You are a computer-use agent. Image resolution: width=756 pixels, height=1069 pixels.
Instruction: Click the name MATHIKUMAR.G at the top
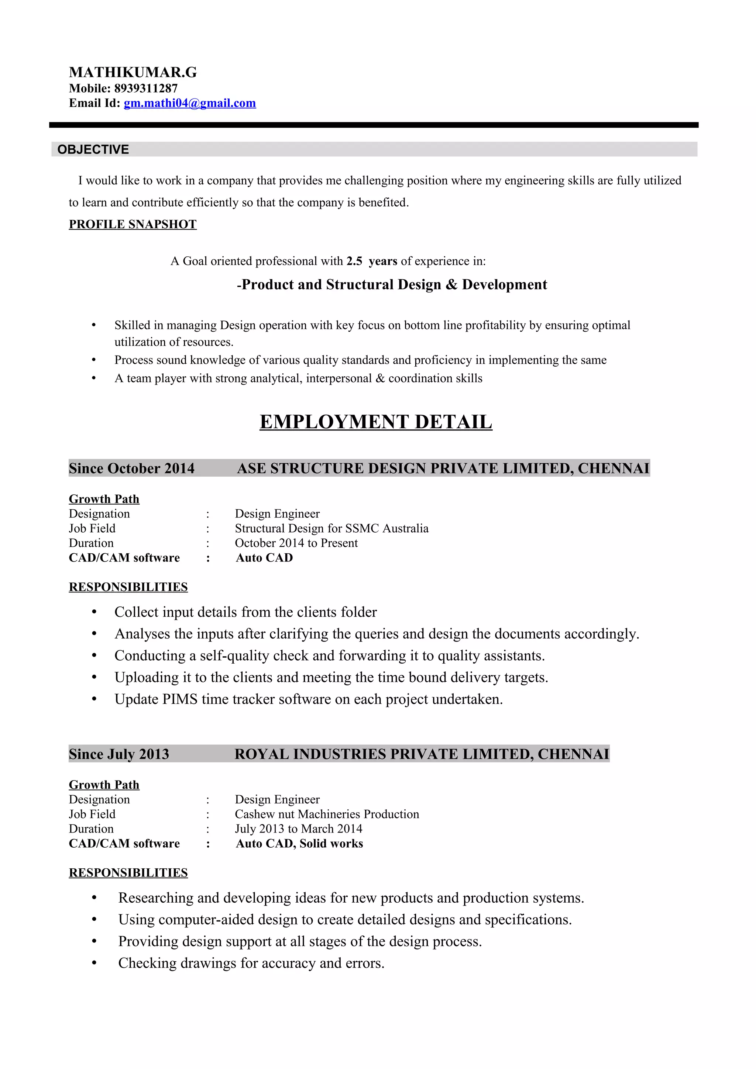coord(133,72)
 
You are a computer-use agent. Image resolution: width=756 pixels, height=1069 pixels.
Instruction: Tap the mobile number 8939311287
coord(146,88)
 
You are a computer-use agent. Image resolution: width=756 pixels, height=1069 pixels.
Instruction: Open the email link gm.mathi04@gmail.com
coord(190,103)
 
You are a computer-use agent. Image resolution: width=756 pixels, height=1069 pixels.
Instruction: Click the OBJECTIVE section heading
coord(93,149)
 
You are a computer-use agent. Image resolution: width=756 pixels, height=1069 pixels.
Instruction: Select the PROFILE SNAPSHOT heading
coord(133,224)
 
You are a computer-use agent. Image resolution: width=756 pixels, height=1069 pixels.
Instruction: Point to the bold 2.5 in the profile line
coord(354,261)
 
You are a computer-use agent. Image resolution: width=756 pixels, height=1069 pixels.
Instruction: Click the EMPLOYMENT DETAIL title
coord(376,422)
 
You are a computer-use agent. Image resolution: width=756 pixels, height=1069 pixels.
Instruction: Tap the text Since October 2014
coord(132,468)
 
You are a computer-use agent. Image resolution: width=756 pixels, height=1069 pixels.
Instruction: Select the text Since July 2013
coord(119,754)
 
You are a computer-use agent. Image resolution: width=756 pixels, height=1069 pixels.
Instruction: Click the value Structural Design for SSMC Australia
coord(331,529)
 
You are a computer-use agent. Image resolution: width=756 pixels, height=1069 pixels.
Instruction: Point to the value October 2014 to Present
coord(296,543)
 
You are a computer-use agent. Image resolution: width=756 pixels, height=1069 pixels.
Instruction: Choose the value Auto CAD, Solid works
coord(299,844)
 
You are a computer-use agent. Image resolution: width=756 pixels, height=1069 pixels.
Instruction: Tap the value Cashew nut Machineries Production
coord(327,814)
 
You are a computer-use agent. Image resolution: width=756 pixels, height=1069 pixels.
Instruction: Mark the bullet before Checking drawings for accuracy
coord(94,963)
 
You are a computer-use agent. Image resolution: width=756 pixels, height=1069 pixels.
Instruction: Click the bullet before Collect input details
coord(94,612)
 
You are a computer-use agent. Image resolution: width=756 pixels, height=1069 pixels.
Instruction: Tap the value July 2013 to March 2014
coord(298,829)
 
